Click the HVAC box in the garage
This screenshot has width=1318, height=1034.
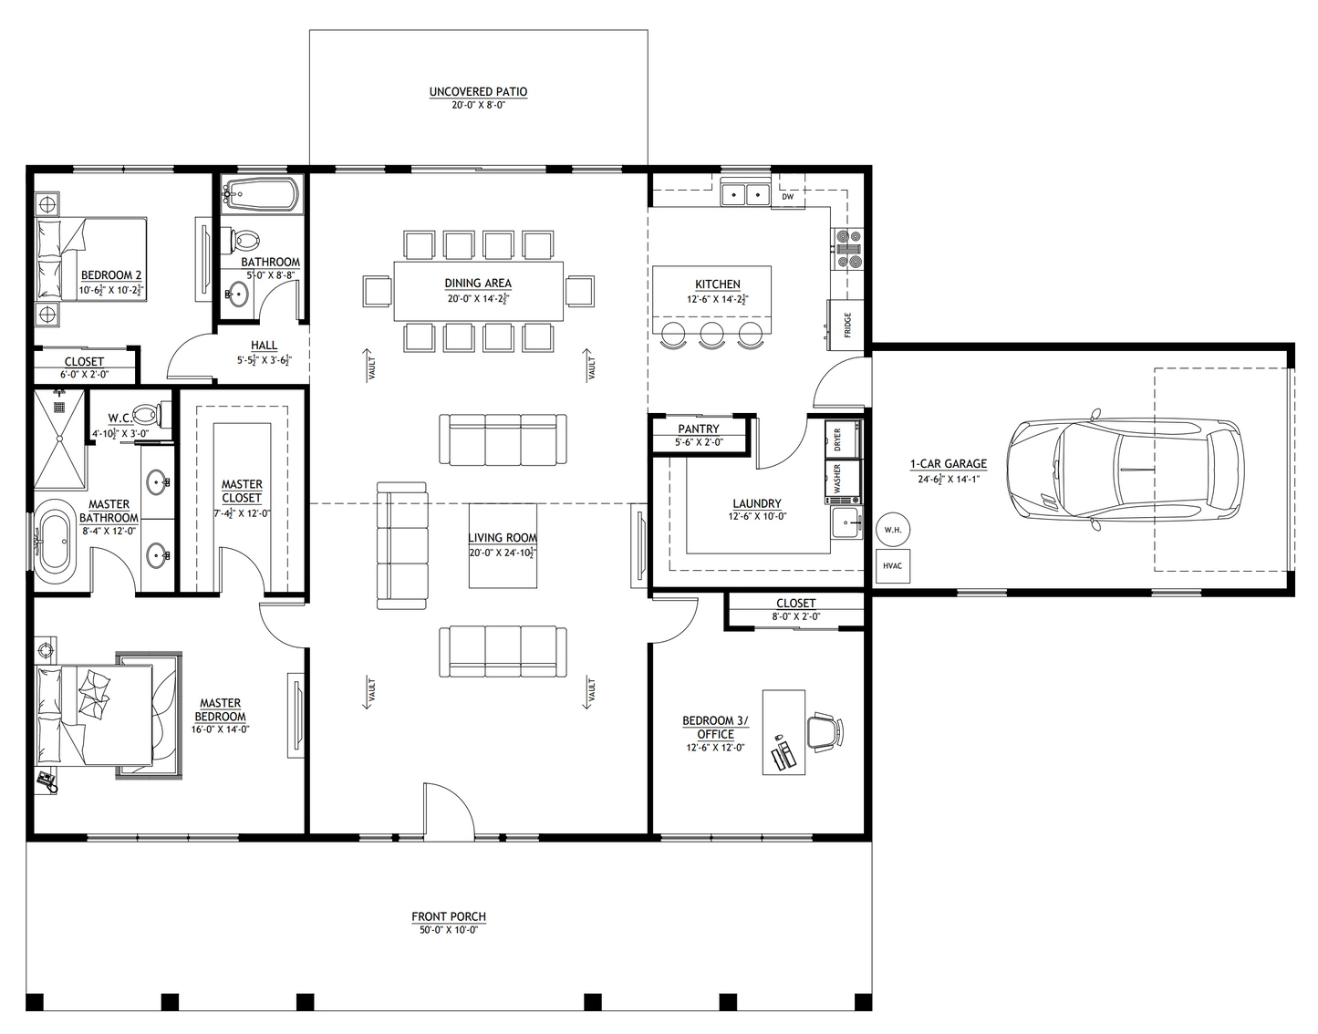(892, 566)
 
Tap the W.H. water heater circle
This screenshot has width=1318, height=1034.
(891, 529)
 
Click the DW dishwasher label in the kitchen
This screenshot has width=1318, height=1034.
(787, 196)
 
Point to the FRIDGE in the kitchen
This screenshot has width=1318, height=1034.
(845, 324)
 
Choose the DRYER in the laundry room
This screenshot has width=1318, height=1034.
(842, 439)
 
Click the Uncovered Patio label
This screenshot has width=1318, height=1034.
(478, 92)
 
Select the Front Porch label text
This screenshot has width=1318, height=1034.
(448, 916)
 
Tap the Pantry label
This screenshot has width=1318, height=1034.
(698, 429)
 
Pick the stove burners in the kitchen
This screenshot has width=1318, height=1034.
(848, 251)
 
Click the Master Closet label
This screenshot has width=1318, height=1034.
(242, 491)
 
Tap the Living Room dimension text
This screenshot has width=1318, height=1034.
(502, 553)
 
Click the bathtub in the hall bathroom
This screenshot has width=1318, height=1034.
(260, 195)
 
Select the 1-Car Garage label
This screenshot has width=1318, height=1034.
(948, 463)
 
